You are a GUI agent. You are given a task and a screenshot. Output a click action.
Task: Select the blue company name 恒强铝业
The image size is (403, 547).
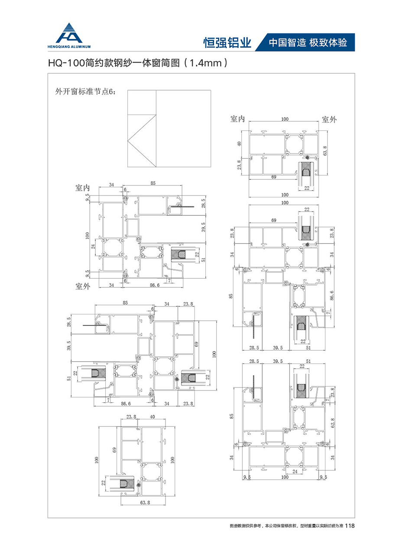(227, 42)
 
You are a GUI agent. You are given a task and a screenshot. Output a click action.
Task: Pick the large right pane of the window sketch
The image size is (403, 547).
(182, 128)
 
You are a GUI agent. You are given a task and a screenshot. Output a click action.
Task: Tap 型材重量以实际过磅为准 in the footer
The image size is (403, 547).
(321, 526)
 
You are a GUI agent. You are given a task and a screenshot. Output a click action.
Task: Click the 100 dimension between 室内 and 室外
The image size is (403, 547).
(284, 118)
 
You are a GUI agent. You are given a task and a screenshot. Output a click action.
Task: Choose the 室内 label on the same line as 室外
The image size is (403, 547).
(238, 119)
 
